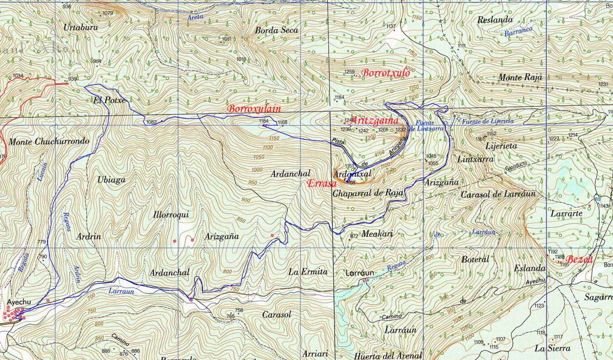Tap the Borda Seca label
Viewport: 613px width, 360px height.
click(276, 30)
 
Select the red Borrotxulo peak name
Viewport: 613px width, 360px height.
click(386, 73)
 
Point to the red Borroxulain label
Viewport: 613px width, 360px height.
click(254, 109)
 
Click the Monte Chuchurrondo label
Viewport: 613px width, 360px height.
click(49, 141)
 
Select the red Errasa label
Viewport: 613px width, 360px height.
click(320, 183)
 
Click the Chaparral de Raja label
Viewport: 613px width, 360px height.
click(368, 193)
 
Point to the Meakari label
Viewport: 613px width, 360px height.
click(377, 234)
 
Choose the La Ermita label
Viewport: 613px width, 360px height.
click(308, 272)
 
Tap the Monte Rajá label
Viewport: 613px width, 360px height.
click(520, 78)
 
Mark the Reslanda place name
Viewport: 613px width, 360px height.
click(494, 20)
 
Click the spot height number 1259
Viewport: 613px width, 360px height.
click(349, 71)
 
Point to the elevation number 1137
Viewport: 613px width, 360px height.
click(391, 26)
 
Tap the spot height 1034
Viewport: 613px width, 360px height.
click(18, 76)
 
